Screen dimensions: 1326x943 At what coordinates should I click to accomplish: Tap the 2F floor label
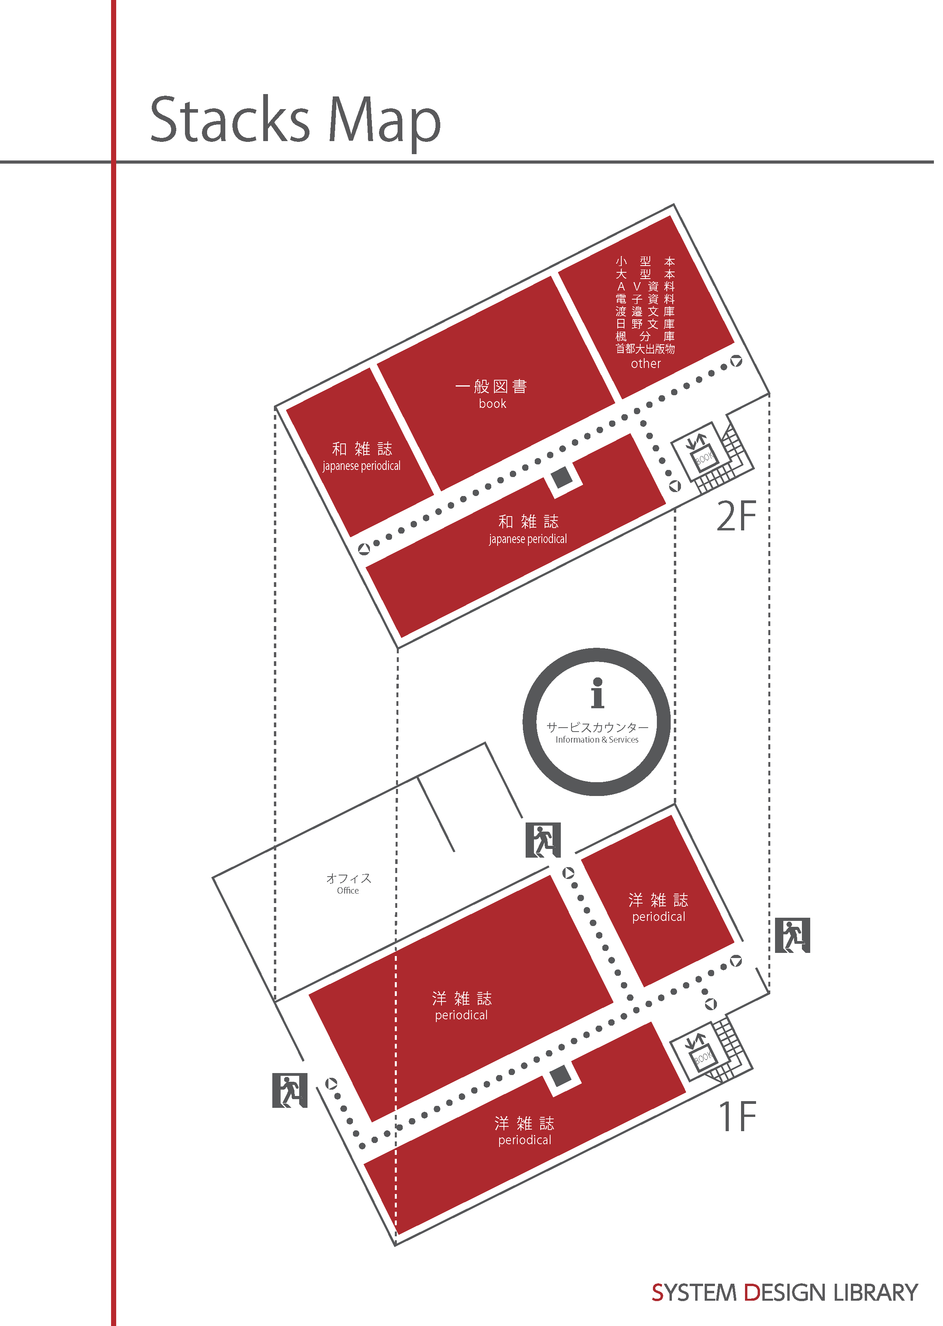pyautogui.click(x=736, y=516)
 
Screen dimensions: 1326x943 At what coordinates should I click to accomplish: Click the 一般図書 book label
pyautogui.click(x=492, y=394)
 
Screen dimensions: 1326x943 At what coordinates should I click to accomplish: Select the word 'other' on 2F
pyautogui.click(x=646, y=364)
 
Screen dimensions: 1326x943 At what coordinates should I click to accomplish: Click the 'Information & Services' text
pyautogui.click(x=597, y=739)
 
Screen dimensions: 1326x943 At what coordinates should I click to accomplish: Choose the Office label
pyautogui.click(x=349, y=884)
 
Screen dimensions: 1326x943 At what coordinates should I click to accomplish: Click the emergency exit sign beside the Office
pyautogui.click(x=289, y=1090)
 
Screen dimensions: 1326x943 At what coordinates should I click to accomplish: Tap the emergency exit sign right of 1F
pyautogui.click(x=792, y=935)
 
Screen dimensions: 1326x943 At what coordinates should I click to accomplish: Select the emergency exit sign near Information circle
pyautogui.click(x=543, y=839)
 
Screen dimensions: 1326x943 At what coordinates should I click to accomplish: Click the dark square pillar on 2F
pyautogui.click(x=562, y=478)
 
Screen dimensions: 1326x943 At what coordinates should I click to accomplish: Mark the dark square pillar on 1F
pyautogui.click(x=560, y=1076)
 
